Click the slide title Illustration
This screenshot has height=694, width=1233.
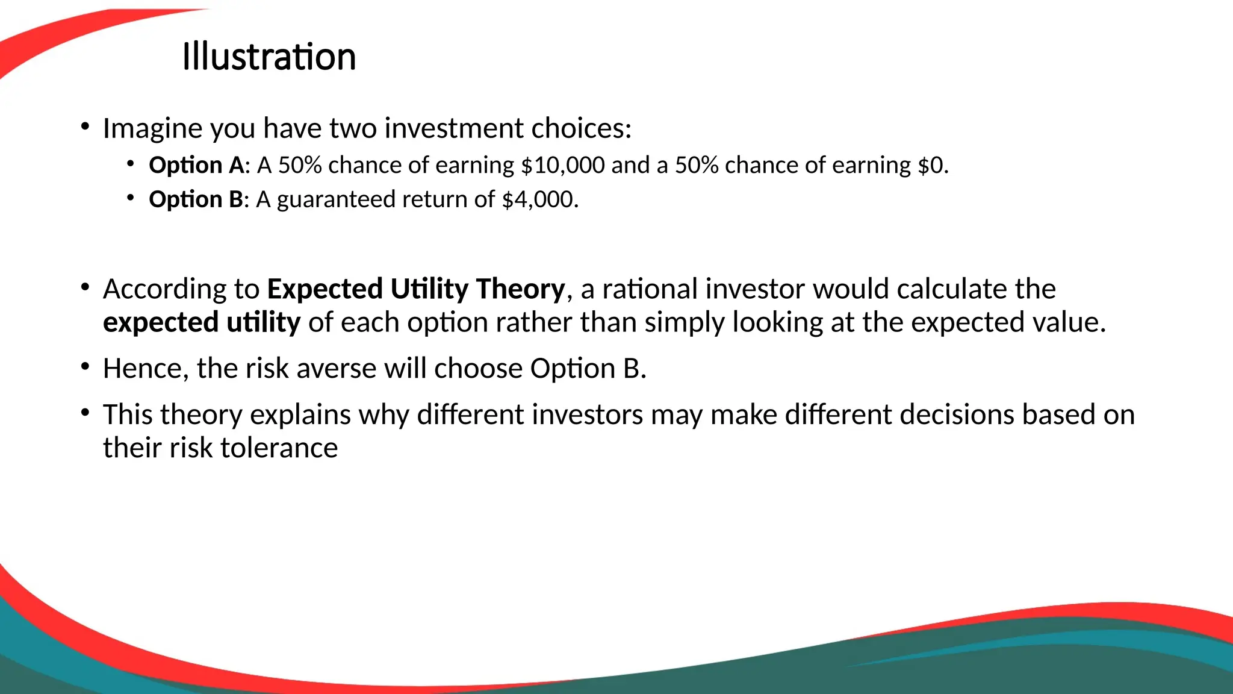click(269, 57)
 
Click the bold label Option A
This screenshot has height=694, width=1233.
click(196, 165)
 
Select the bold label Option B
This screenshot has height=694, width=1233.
click(196, 199)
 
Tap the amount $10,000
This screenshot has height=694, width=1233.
click(562, 165)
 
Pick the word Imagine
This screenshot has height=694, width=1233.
click(152, 128)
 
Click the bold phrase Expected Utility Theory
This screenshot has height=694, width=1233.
click(416, 289)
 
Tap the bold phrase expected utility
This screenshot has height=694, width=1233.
click(201, 322)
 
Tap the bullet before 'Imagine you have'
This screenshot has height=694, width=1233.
click(85, 127)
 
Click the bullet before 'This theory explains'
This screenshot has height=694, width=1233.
click(85, 413)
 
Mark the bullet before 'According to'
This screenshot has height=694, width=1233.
click(85, 287)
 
